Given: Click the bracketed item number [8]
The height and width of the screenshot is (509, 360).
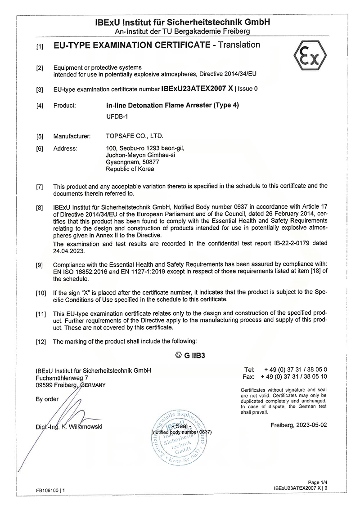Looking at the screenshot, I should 40,208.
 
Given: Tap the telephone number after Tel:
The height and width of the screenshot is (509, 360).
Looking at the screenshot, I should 296,370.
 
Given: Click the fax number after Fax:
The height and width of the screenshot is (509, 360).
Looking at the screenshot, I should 296,376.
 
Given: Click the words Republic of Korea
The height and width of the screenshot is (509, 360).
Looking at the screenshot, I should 130,169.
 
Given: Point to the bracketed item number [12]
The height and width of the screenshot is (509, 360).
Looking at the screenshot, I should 40,342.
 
